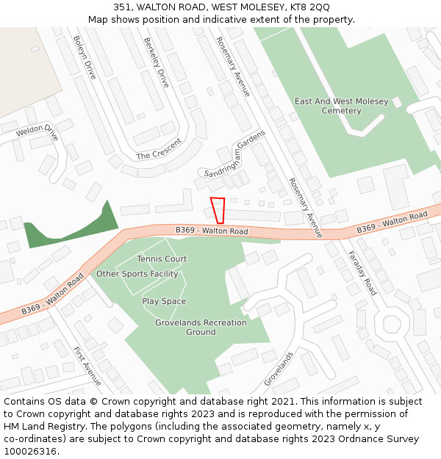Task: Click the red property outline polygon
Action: [218, 210]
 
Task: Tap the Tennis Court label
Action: [162, 259]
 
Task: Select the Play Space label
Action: [164, 301]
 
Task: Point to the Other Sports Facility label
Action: [137, 274]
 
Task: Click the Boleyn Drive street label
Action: [85, 59]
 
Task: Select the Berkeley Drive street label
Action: [157, 62]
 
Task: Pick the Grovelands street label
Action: [279, 369]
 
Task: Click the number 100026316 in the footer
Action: [30, 451]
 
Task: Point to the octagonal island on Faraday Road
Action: [391, 324]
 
